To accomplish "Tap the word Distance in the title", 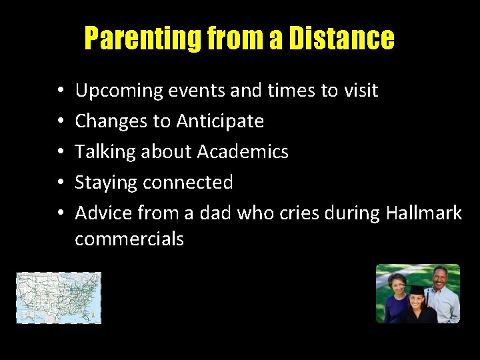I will click(341, 39).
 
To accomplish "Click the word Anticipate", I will click(220, 121).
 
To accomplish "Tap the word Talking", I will click(100, 152).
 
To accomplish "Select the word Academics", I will click(243, 152).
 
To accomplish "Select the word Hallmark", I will click(424, 213).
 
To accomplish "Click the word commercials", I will click(129, 239).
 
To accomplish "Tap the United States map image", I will click(59, 297).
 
